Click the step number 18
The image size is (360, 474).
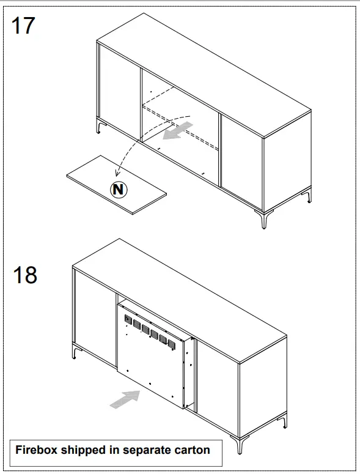click(x=25, y=275)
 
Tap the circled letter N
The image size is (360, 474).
click(x=119, y=190)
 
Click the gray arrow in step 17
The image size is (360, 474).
click(x=179, y=130)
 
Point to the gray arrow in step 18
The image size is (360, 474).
click(x=124, y=398)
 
